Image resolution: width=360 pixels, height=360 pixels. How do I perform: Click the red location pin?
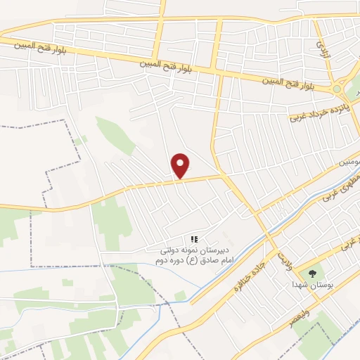click(181, 165)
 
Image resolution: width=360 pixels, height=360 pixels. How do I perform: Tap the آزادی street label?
click(323, 48)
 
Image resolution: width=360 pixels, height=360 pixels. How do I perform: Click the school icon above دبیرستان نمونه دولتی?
click(195, 240)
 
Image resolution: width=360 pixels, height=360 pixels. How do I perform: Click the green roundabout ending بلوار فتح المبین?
click(337, 89)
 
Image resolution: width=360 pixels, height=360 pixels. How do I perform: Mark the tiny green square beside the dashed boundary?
click(79, 140)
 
